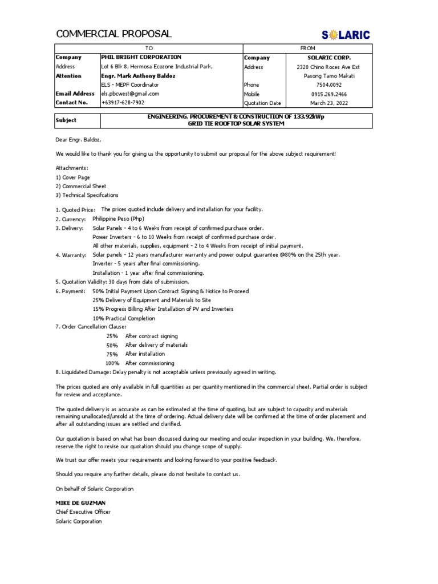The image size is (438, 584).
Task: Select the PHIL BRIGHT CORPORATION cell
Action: pyautogui.click(x=141, y=58)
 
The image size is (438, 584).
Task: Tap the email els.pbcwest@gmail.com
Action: pyautogui.click(x=130, y=94)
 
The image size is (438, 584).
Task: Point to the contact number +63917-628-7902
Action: pyautogui.click(x=123, y=103)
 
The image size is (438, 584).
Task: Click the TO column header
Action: pyautogui.click(x=149, y=49)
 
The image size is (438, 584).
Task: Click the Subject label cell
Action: pyautogui.click(x=66, y=120)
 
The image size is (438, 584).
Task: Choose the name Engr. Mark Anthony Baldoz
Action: pyautogui.click(x=138, y=76)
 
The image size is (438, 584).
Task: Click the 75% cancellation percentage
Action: pyautogui.click(x=112, y=354)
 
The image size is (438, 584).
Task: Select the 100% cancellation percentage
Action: pyautogui.click(x=112, y=363)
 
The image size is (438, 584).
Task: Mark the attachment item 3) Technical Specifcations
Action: pyautogui.click(x=87, y=195)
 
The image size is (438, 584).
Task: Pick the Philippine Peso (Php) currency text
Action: pyautogui.click(x=119, y=219)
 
